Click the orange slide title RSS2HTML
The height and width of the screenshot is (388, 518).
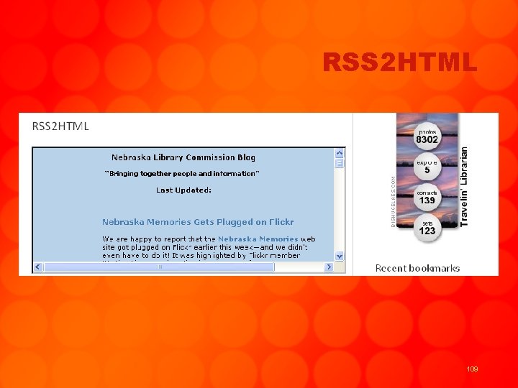[x=400, y=63]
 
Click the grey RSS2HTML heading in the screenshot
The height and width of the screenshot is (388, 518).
[x=61, y=126]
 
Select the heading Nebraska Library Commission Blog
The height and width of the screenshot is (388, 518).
[x=183, y=157]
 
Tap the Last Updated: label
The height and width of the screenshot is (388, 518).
[x=183, y=190]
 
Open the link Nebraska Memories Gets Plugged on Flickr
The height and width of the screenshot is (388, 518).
[x=198, y=222]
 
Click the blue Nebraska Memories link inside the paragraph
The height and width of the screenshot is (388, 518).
[x=258, y=239]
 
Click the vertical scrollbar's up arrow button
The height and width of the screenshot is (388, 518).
[x=340, y=153]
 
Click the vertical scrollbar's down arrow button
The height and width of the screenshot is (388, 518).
[x=340, y=256]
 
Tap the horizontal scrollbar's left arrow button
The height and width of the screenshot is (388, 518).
[x=38, y=267]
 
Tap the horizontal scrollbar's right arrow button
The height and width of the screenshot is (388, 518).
[x=329, y=267]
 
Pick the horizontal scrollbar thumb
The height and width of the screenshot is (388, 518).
[x=159, y=267]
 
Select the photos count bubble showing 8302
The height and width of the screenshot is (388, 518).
[x=427, y=137]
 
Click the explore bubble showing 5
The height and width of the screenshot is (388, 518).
[x=427, y=167]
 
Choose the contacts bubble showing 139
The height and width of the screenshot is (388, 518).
[x=427, y=197]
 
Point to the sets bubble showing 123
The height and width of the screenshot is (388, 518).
[x=427, y=227]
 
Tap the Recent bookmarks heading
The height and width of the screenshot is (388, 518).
[x=417, y=268]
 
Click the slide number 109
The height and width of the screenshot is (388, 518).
[x=472, y=369]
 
